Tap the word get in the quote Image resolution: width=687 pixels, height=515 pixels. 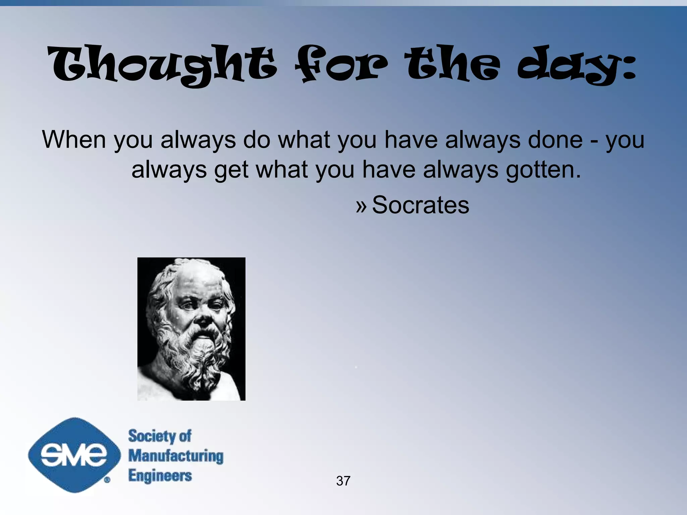tap(231, 170)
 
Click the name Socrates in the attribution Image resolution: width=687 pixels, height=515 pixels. tap(420, 205)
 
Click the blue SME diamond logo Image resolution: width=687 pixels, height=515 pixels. tap(74, 455)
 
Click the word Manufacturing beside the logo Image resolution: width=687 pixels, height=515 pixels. tap(176, 456)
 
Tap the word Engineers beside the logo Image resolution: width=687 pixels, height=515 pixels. tap(160, 476)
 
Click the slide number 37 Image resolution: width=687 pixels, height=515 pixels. tap(343, 481)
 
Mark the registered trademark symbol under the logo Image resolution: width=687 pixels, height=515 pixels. tap(107, 480)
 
